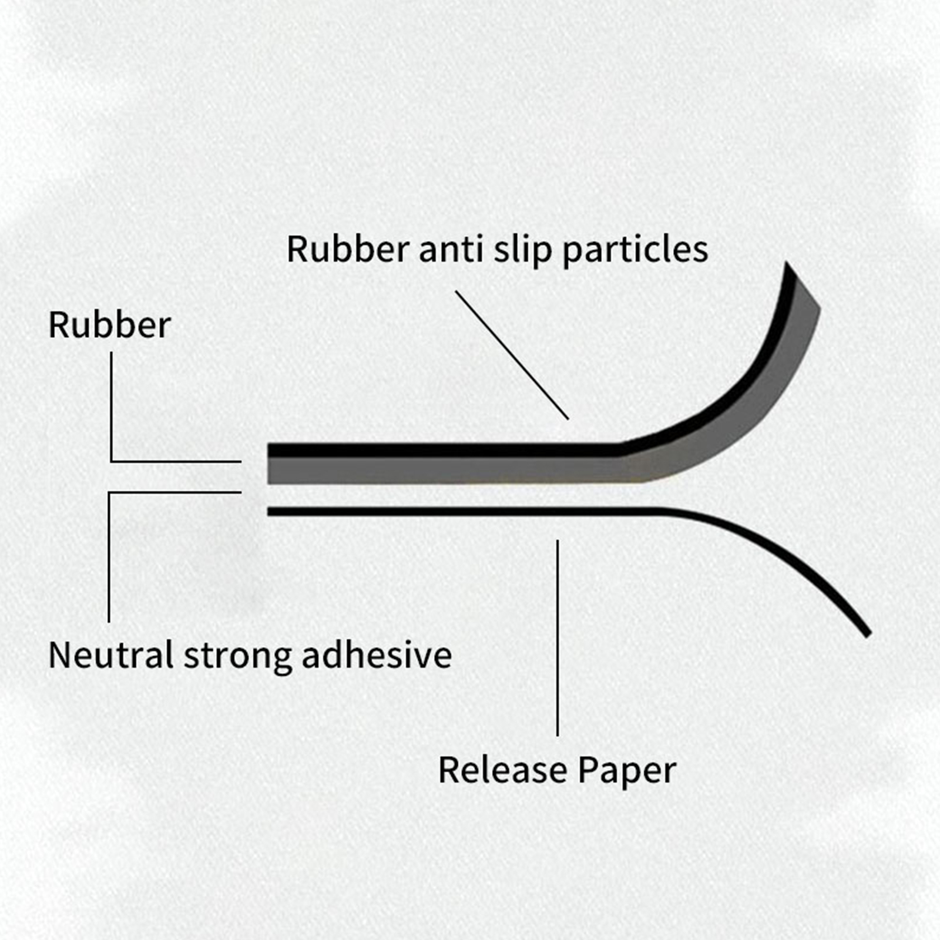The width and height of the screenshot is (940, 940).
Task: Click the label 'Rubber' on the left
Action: (109, 324)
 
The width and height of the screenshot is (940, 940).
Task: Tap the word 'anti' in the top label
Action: (455, 249)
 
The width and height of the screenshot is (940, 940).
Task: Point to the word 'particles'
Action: (635, 250)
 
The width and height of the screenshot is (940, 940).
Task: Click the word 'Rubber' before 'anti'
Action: (348, 249)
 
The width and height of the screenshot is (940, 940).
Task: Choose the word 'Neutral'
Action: (110, 654)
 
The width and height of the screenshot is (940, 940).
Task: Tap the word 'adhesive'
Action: (377, 654)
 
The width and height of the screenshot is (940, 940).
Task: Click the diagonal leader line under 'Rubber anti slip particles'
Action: (512, 355)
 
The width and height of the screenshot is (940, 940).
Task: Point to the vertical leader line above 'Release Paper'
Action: (558, 638)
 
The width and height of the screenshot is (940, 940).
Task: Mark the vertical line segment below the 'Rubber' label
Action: (111, 407)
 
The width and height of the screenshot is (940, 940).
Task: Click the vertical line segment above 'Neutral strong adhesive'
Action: (109, 557)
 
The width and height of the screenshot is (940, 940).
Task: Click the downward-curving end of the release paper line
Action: (867, 633)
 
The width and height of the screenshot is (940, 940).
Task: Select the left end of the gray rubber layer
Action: (269, 471)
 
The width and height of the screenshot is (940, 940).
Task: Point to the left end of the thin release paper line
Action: (269, 512)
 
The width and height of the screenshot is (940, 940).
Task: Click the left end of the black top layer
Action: (269, 451)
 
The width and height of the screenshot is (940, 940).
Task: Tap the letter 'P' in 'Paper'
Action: (588, 770)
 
